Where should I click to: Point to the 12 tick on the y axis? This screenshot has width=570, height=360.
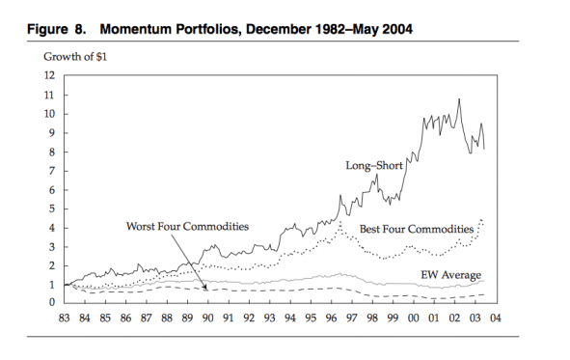pyautogui.click(x=50, y=75)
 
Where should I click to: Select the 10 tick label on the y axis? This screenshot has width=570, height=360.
pyautogui.click(x=50, y=114)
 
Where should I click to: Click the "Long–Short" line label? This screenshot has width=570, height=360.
pyautogui.click(x=372, y=165)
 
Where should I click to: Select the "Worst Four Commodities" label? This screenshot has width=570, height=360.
pyautogui.click(x=187, y=226)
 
